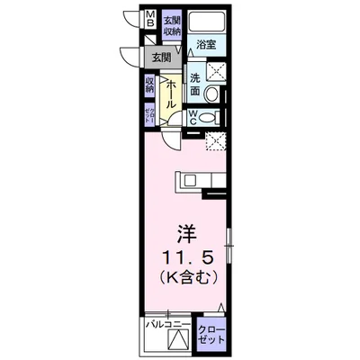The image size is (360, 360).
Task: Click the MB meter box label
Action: click(150, 20)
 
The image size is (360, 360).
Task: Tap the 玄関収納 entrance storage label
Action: click(172, 26)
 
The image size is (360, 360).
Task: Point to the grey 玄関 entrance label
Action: click(162, 57)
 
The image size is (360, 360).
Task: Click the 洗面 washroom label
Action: click(194, 83)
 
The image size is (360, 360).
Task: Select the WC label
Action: click(193, 117)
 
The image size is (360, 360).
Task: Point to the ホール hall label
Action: click(171, 94)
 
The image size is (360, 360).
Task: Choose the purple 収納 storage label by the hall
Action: click(149, 85)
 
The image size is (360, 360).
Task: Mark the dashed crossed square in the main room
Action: click(215, 139)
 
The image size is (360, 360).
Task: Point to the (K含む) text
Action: click(187, 277)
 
